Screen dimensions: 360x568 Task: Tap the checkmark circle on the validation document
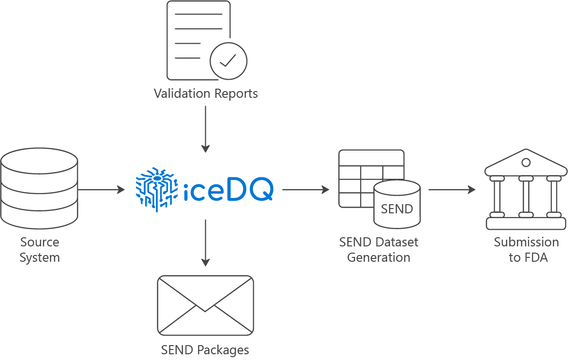click(x=228, y=61)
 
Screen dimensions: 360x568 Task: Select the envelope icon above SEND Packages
click(x=205, y=305)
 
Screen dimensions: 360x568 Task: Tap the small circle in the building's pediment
click(x=526, y=163)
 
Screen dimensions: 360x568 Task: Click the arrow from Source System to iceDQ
click(x=101, y=189)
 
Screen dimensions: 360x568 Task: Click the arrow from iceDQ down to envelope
click(x=205, y=243)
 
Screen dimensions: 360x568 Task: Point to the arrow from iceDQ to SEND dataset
click(x=306, y=189)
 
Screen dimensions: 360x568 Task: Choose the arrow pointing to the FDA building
click(x=451, y=189)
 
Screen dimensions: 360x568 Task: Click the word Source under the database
click(x=40, y=242)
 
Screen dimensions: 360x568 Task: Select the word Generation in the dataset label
click(x=379, y=257)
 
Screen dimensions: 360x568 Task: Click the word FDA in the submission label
click(x=536, y=257)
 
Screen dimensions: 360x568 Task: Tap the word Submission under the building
click(x=526, y=242)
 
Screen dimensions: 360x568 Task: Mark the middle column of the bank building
click(x=526, y=197)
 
